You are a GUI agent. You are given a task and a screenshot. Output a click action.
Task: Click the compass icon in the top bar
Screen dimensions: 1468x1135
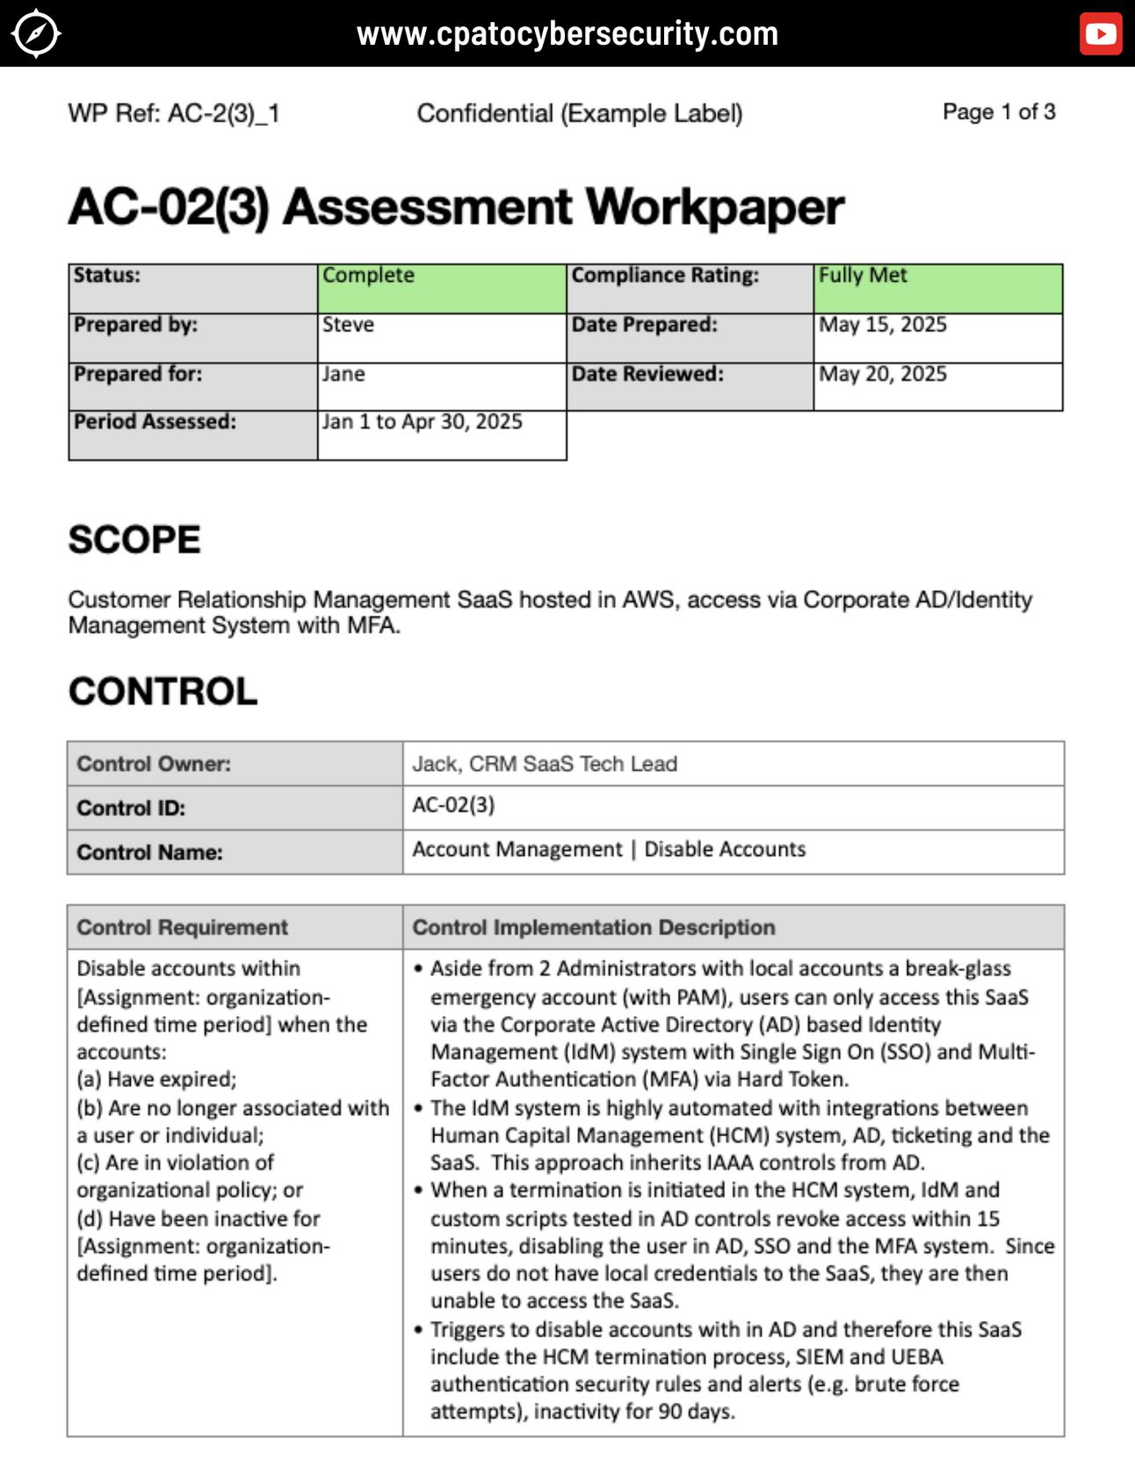point(36,34)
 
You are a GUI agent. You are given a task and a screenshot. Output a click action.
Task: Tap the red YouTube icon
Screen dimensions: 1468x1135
point(1100,34)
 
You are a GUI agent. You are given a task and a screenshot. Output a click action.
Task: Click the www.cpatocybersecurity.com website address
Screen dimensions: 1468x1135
point(567,34)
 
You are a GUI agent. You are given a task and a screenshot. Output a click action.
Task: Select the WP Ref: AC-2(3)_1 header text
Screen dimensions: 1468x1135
point(174,113)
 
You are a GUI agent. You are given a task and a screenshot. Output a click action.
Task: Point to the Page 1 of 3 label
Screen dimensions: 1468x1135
point(998,112)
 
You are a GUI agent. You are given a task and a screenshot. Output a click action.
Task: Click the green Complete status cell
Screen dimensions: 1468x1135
point(442,288)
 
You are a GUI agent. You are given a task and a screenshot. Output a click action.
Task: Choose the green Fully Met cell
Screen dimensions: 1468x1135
point(937,288)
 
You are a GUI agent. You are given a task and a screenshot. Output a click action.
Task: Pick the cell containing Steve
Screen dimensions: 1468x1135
point(442,337)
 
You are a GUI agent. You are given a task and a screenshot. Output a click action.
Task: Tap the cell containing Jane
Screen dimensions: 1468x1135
point(442,386)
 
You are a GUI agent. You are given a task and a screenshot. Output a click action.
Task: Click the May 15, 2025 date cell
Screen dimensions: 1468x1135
point(937,337)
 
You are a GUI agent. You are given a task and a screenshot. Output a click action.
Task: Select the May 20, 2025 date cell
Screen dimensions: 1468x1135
point(937,386)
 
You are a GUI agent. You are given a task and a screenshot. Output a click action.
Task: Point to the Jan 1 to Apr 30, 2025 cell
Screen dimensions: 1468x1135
point(442,435)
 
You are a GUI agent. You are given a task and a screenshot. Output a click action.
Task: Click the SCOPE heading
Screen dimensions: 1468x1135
point(134,539)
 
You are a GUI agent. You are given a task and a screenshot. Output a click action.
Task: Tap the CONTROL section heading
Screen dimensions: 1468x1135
point(163,691)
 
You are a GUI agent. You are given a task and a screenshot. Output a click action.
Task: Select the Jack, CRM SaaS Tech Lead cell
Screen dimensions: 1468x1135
point(733,764)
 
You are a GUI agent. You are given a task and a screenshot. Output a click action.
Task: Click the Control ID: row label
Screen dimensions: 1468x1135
point(132,808)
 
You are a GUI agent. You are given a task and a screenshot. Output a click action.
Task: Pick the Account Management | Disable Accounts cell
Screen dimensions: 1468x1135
point(733,850)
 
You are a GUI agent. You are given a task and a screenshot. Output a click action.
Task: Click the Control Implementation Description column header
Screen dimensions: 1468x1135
point(594,927)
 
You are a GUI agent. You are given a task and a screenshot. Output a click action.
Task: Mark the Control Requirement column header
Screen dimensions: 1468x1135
point(182,927)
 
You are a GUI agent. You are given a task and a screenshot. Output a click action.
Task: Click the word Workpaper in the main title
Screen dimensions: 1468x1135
point(714,207)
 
